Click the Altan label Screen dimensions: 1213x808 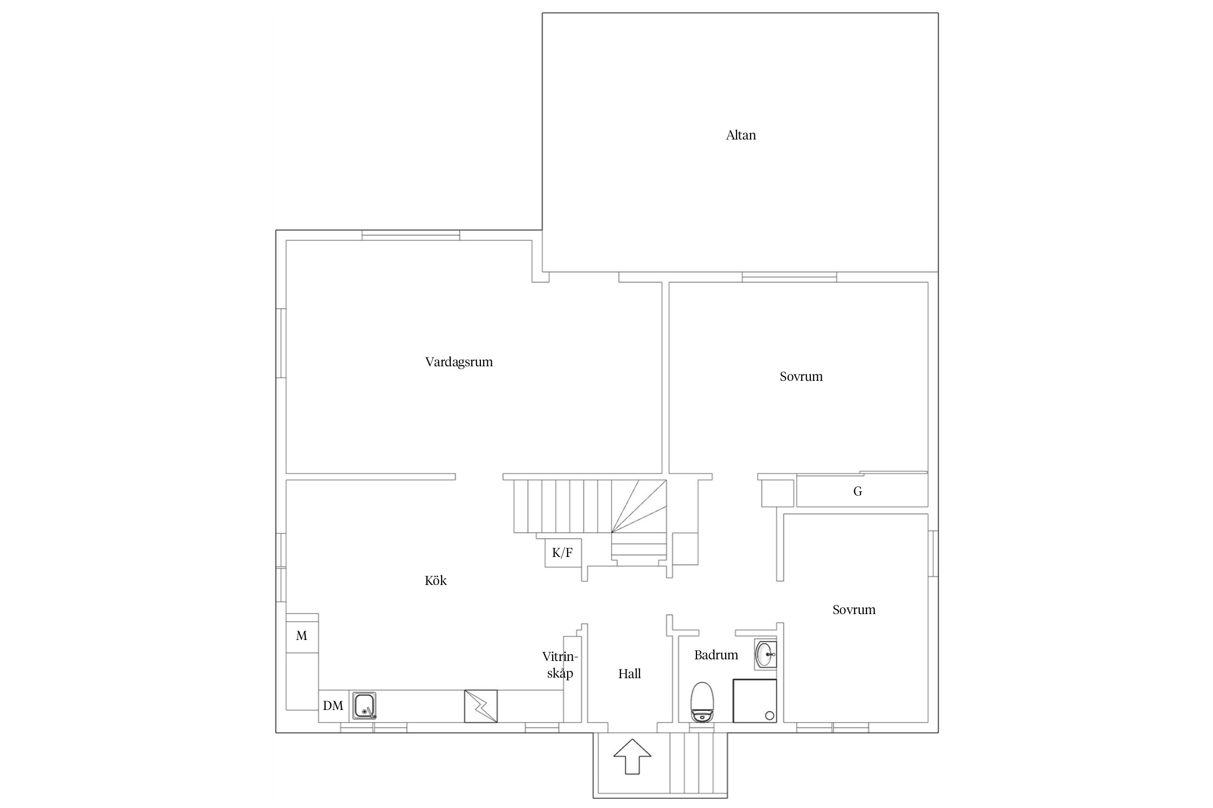[x=741, y=135]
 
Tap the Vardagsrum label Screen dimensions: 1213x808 [x=459, y=362]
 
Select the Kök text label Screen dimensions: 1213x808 [x=436, y=581]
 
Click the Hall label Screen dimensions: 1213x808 [x=629, y=674]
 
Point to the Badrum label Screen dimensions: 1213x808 [x=716, y=655]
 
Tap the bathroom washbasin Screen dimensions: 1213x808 [x=766, y=654]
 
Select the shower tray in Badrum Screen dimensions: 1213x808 [x=755, y=701]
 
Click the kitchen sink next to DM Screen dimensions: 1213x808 [x=364, y=706]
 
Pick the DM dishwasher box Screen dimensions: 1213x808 [x=334, y=706]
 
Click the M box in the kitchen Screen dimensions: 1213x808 [x=302, y=636]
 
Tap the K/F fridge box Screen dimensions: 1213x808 [x=563, y=553]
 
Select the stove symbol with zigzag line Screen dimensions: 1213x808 [x=481, y=706]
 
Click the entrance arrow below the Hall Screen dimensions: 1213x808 [x=632, y=757]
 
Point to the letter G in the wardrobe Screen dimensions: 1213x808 [x=858, y=491]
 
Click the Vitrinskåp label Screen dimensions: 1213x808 [x=560, y=665]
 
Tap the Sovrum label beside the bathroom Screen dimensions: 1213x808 [x=854, y=610]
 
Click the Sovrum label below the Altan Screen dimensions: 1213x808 [x=801, y=377]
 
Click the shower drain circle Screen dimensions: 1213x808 [x=770, y=715]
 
